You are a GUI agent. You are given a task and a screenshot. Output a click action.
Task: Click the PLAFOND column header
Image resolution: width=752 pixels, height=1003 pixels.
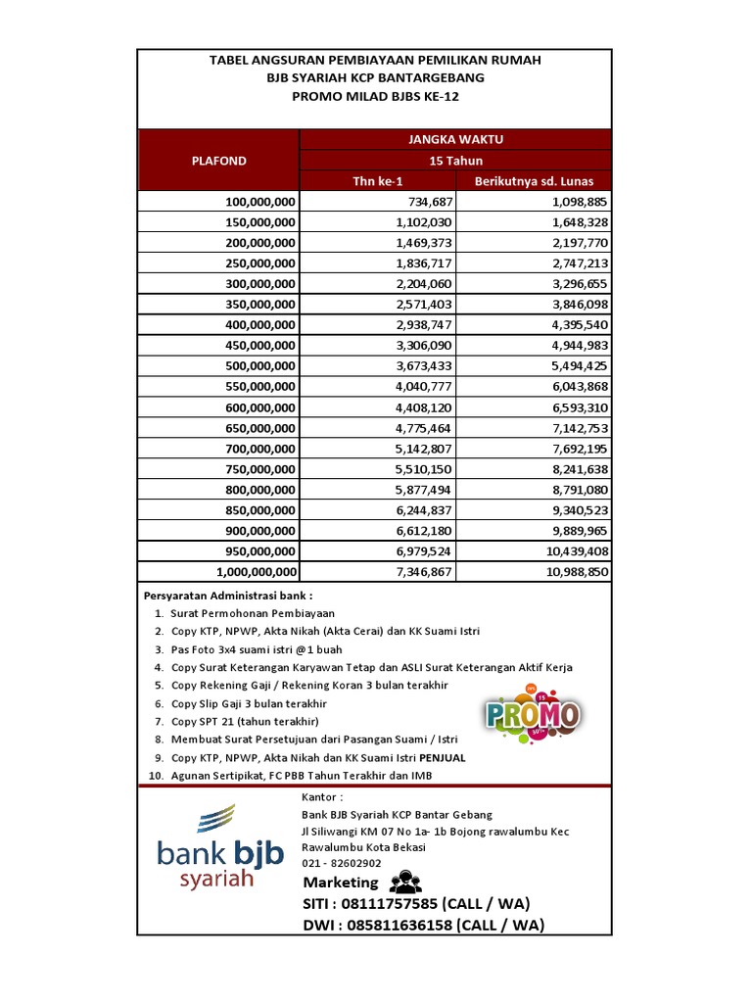pyautogui.click(x=218, y=161)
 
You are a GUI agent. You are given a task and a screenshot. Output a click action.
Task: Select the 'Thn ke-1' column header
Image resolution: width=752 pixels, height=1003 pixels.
pyautogui.click(x=377, y=181)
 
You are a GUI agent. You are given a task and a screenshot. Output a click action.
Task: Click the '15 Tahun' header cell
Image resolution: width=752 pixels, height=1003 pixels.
pyautogui.click(x=455, y=161)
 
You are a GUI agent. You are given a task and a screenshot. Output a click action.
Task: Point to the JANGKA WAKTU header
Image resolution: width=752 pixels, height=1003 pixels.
pyautogui.click(x=455, y=140)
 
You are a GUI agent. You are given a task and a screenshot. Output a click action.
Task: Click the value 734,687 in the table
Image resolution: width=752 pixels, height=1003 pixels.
pyautogui.click(x=424, y=202)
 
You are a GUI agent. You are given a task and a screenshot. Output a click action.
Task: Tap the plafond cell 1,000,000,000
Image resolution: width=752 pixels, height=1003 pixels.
pyautogui.click(x=254, y=571)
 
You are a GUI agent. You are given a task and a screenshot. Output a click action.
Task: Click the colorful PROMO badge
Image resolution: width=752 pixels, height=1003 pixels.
pyautogui.click(x=534, y=714)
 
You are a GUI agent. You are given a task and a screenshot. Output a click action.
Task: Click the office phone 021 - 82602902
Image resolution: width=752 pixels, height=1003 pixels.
pyautogui.click(x=342, y=863)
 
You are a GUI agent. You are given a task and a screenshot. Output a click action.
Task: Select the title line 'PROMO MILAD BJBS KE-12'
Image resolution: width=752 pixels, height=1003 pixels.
pyautogui.click(x=375, y=96)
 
